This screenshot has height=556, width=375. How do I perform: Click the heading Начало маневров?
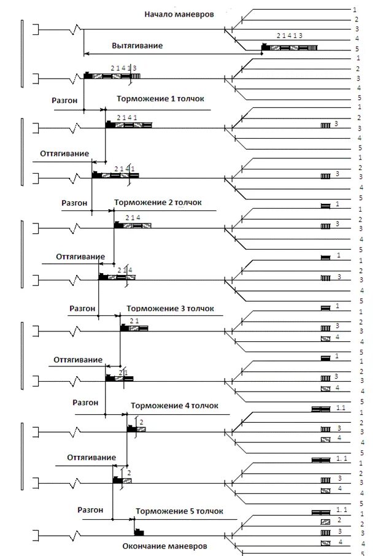pyautogui.click(x=179, y=14)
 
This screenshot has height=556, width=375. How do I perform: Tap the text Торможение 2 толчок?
pyautogui.click(x=158, y=202)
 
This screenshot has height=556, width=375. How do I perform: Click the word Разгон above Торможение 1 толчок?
pyautogui.click(x=66, y=98)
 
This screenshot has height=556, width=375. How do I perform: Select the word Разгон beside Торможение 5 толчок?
pyautogui.click(x=90, y=509)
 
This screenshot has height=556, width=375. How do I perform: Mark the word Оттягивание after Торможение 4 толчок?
pyautogui.click(x=91, y=457)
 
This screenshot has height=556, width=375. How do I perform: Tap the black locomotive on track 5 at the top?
pyautogui.click(x=266, y=47)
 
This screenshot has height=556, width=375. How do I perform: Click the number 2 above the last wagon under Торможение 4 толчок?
pyautogui.click(x=142, y=421)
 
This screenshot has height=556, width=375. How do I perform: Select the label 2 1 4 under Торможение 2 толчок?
pyautogui.click(x=133, y=218)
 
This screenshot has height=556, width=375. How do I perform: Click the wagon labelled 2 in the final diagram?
pyautogui.click(x=325, y=521)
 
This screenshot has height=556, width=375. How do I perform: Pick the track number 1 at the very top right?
pyautogui.click(x=355, y=10)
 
